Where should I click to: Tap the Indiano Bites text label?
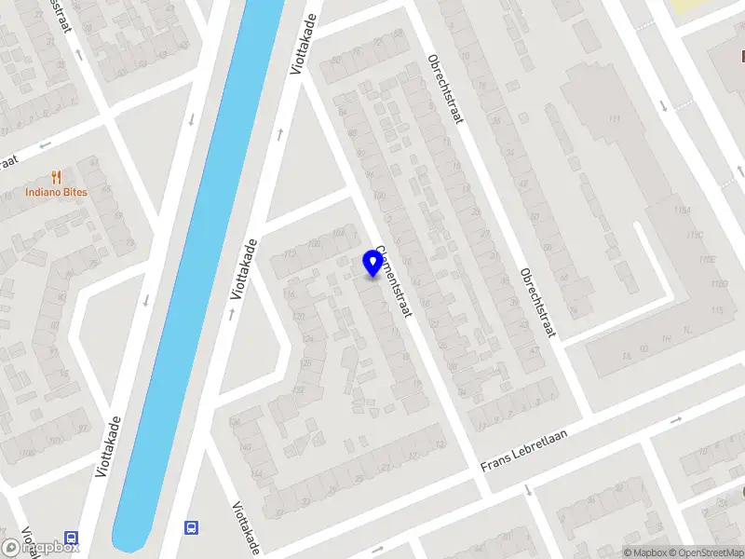[57, 193]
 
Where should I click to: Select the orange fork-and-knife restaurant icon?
[57, 176]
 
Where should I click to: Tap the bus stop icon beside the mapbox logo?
[71, 538]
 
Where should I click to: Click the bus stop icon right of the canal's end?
[191, 528]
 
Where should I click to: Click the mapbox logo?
[40, 547]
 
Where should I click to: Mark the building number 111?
[614, 119]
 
